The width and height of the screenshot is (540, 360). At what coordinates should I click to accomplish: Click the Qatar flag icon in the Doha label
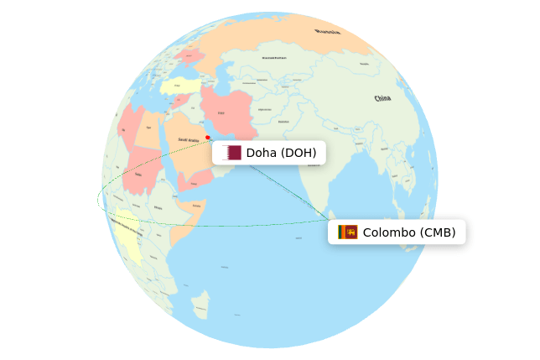(231, 153)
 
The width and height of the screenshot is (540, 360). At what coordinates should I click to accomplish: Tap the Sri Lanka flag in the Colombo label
(348, 232)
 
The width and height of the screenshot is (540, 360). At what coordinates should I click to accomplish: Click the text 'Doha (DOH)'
(281, 153)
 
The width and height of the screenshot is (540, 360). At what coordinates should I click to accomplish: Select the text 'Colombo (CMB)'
(408, 232)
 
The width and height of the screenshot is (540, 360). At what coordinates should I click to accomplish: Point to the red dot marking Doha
(208, 138)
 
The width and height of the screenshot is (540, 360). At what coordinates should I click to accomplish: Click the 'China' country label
(382, 98)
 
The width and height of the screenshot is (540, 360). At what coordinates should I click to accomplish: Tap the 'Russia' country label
(328, 32)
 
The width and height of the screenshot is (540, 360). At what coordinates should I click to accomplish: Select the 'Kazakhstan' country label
(274, 59)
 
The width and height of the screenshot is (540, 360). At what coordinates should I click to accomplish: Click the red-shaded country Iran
(225, 109)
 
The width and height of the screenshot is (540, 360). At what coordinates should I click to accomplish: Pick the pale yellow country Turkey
(180, 86)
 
